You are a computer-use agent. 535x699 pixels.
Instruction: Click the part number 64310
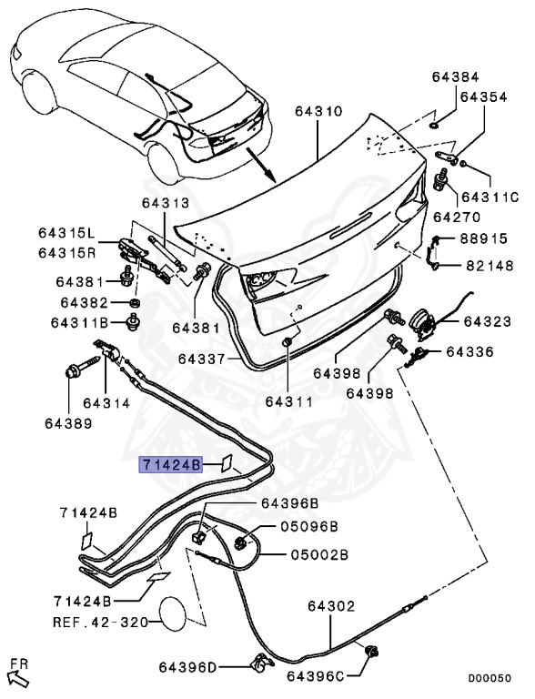318,112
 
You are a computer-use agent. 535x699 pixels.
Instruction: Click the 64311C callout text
489,198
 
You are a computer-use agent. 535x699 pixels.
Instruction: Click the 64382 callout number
84,302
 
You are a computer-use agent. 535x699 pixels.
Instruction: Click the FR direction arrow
17,674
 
